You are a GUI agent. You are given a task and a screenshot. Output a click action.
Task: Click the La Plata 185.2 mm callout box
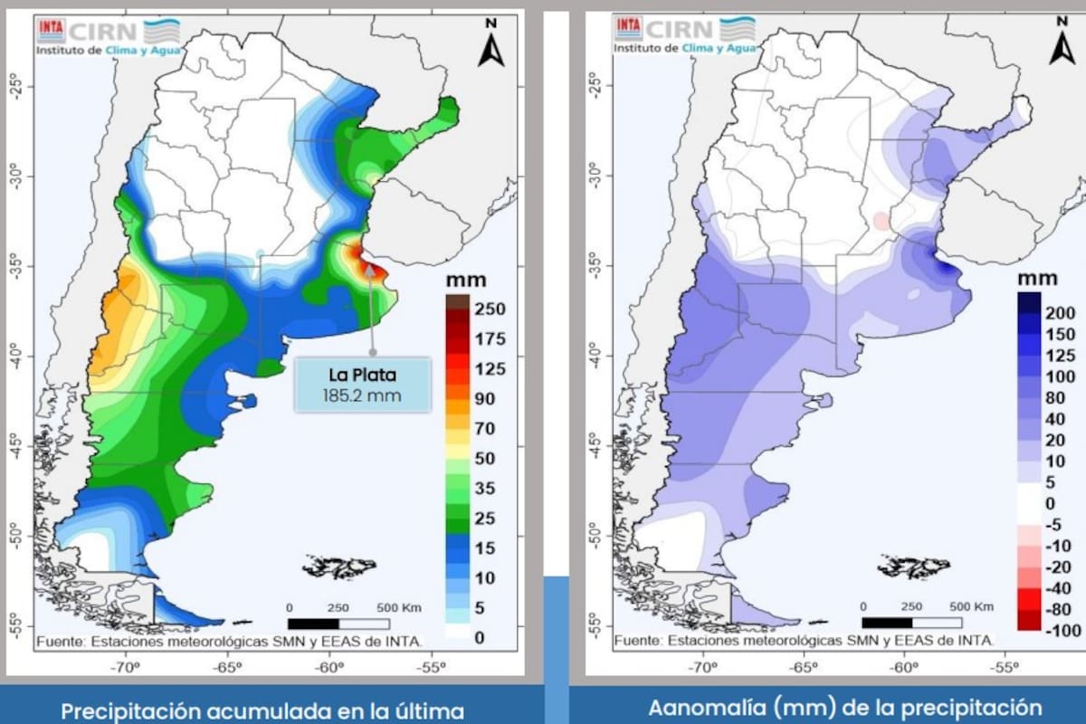tap(362, 385)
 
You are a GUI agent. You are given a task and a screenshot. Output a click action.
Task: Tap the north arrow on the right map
tap(1062, 45)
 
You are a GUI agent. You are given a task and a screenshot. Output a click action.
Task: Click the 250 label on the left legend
tap(489, 310)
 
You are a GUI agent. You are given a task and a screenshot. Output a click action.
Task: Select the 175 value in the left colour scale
tap(489, 339)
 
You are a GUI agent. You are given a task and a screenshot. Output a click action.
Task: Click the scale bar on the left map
tap(338, 624)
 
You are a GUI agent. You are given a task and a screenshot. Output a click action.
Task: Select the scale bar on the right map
tap(912, 623)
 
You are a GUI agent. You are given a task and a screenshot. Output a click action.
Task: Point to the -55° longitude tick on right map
tap(1004, 668)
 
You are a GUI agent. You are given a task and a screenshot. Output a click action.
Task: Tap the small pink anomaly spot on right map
tap(881, 221)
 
